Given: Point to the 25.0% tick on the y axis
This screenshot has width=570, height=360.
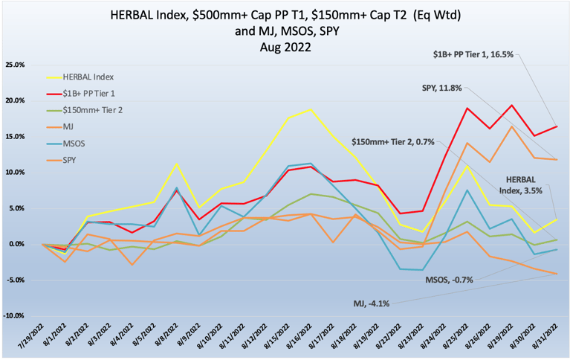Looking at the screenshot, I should point(14,65).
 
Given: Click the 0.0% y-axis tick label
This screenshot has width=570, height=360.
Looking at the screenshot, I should point(16,244).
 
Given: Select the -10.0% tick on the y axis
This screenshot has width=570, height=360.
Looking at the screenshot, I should point(14,315).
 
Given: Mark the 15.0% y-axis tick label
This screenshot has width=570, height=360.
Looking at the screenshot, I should point(14,136).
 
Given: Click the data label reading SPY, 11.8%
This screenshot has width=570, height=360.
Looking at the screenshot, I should point(441,88).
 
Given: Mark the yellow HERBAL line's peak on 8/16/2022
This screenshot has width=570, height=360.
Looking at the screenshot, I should point(310,109).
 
